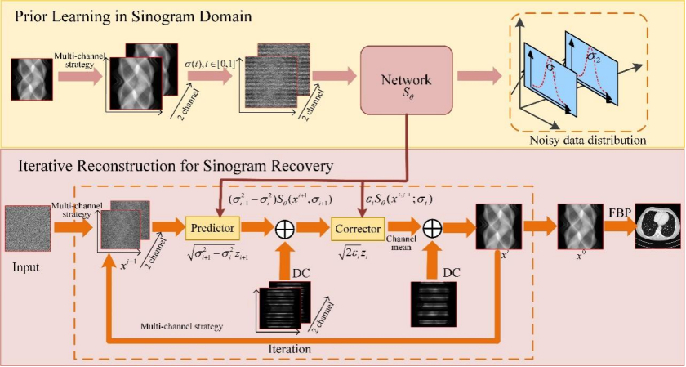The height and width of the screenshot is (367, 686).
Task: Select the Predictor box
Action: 213,226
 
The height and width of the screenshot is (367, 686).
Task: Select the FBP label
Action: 618,213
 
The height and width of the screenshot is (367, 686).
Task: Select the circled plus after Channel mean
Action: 434,227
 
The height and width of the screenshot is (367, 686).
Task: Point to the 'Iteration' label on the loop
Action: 291,348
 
